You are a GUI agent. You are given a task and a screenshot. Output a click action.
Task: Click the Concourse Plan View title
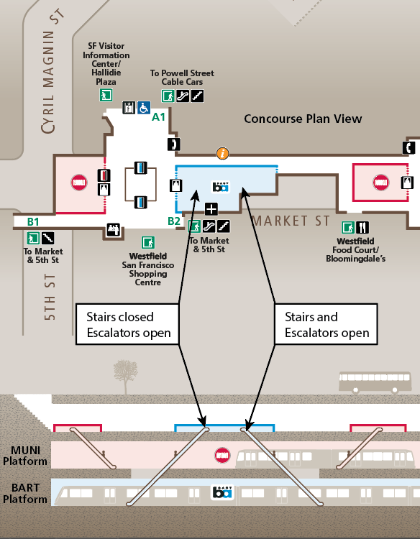303,119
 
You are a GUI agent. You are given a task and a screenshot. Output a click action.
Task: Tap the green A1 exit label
158,116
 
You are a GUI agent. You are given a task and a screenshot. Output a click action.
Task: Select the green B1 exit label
33,222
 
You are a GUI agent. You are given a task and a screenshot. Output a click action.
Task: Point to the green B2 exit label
174,221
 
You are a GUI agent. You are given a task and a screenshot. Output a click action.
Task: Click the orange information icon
223,153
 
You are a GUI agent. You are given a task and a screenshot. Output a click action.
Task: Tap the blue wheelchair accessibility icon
144,108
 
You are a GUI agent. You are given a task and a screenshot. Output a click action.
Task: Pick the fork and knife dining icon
362,227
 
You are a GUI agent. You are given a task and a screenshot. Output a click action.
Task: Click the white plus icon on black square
211,209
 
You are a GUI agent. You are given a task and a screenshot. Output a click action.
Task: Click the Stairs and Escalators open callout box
327,325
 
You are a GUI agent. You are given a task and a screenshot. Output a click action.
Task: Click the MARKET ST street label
291,221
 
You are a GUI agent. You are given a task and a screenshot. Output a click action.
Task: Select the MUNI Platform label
25,455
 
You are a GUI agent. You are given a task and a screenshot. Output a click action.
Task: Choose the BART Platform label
25,494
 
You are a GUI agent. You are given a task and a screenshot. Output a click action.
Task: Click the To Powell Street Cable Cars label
181,78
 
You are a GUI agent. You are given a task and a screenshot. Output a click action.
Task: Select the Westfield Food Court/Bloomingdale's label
355,249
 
